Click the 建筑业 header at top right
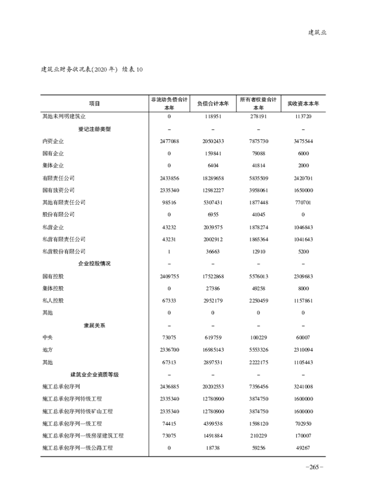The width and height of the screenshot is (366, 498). click(x=317, y=32)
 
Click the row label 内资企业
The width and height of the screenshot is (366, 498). click(x=53, y=141)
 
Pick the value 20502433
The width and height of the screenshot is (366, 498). click(x=213, y=141)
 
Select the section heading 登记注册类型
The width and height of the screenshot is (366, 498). click(x=95, y=129)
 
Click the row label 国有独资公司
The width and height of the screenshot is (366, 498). click(x=58, y=190)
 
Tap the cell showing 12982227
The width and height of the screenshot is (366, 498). click(x=213, y=190)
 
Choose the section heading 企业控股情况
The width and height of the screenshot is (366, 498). click(x=95, y=264)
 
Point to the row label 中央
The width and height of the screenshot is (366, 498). click(x=48, y=338)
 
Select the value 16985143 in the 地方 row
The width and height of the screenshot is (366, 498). click(x=213, y=350)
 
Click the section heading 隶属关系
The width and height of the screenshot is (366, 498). click(x=95, y=325)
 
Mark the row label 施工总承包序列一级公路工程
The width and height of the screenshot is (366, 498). click(x=77, y=448)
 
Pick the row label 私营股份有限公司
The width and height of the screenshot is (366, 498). click(x=64, y=251)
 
